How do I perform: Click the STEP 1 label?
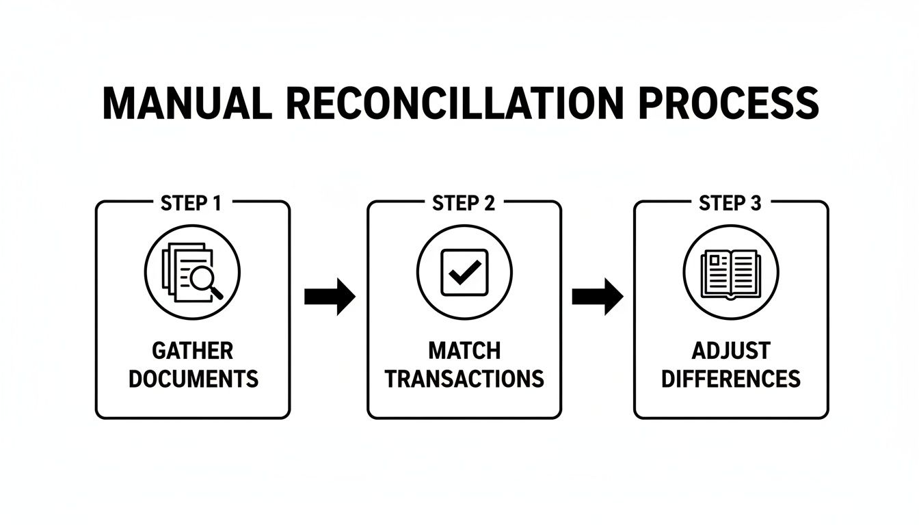point(192,203)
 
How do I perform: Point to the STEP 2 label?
point(464,203)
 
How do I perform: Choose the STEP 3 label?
point(730,203)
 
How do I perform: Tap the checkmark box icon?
point(464,271)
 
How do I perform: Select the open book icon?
point(731,273)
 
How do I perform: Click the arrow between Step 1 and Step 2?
point(330,297)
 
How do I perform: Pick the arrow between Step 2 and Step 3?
point(598,297)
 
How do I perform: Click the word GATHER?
point(192,351)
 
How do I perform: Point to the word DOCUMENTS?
point(194,378)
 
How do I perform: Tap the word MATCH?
point(464,351)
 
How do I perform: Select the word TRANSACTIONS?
point(464,378)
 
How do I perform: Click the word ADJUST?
point(730,351)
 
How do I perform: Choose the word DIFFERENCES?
point(730,378)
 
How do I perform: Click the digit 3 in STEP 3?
point(756,203)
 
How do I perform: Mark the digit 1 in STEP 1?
point(218,203)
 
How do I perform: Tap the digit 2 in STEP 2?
point(489,203)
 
